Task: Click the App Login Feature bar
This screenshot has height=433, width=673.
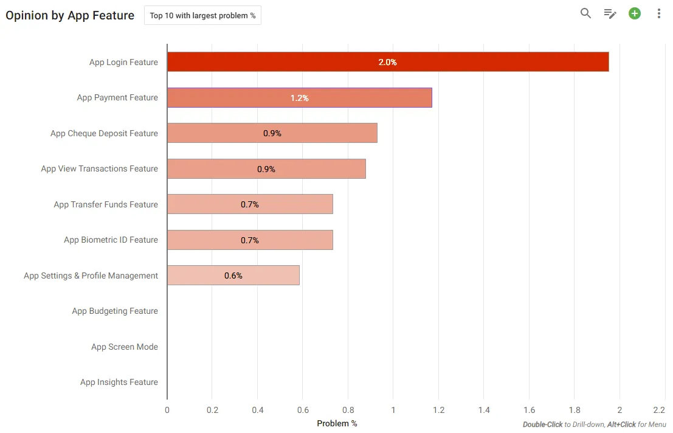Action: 388,62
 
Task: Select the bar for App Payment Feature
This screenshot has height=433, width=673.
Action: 300,97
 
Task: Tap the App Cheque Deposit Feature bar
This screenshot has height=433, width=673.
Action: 272,133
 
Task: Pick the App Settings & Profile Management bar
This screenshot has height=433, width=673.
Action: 233,275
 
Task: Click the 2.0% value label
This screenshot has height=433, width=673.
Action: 388,62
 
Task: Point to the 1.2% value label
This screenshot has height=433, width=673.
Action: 300,98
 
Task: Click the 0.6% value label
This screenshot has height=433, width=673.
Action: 233,275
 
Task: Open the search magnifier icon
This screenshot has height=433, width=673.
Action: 585,13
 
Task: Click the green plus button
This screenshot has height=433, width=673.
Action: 635,13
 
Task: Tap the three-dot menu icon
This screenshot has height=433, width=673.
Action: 659,13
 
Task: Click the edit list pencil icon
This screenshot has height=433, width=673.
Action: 610,14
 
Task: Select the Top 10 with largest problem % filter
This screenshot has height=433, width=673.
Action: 202,15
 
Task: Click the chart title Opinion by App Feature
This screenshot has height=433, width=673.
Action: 70,15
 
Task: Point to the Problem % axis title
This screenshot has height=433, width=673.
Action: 337,423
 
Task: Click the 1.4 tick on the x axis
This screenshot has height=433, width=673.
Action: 484,410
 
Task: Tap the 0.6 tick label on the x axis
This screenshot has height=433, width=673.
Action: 303,410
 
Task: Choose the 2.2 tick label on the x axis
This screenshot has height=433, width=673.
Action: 659,410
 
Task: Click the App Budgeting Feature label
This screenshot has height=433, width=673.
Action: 115,311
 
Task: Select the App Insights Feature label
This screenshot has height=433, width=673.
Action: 119,382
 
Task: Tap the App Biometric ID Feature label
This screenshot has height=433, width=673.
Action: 111,240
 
